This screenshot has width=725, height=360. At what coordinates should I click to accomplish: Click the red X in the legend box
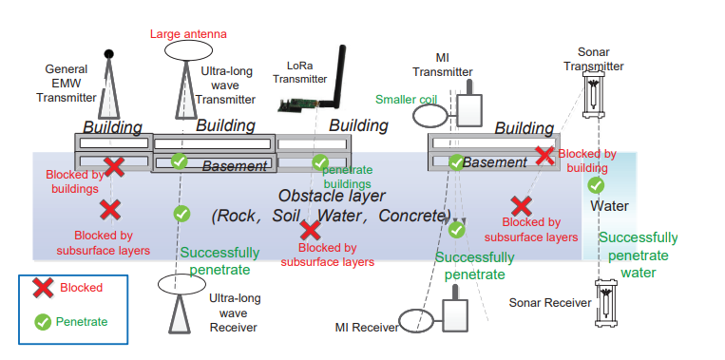42,287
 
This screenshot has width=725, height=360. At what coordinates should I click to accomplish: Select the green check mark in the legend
42,322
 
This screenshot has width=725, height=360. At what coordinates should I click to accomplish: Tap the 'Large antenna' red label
188,34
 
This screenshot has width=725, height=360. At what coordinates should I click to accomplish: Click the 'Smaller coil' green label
405,98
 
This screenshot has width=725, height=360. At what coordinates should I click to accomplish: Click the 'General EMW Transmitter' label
73,83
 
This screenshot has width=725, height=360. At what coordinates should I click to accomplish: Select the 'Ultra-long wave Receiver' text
233,312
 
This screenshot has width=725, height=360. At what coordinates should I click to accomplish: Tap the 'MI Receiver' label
367,328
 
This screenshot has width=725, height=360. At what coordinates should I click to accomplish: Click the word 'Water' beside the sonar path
609,205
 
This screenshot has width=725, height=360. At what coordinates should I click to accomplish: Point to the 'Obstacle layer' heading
331,196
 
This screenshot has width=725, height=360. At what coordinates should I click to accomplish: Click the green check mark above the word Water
596,184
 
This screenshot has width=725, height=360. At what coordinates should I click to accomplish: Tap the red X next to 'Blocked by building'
544,155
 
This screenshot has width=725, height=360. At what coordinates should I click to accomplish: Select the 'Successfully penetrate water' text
638,255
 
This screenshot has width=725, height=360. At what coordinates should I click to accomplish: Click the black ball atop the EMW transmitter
109,53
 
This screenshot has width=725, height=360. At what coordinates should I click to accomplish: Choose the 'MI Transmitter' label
442,65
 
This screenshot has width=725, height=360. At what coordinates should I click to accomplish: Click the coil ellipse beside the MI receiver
416,319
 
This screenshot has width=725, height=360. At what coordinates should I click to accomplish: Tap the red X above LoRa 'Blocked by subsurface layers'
310,229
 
